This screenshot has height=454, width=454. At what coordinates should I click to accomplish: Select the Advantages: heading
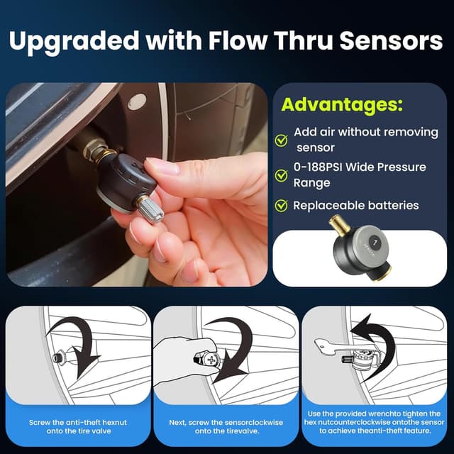tap(341, 105)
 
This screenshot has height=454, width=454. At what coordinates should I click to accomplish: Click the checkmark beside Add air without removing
tap(281, 140)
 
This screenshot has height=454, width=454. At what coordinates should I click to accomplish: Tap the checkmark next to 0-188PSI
tap(281, 175)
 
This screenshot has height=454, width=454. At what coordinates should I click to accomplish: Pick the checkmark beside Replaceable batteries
tap(281, 206)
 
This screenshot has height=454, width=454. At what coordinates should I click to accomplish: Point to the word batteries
tap(392, 206)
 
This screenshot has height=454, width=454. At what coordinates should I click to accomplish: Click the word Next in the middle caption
tap(178, 421)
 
